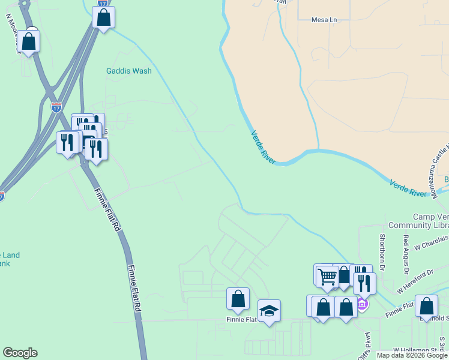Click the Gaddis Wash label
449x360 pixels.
click(128, 71)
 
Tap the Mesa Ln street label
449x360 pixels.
click(324, 20)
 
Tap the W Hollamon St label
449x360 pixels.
click(415, 350)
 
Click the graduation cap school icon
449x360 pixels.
click(269, 311)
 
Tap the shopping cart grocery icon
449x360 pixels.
click(327, 276)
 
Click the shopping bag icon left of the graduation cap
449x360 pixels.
click(238, 298)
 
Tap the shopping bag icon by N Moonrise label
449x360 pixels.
click(28, 41)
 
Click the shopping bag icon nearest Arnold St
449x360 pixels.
click(426, 306)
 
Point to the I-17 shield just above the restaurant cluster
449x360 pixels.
click(56, 108)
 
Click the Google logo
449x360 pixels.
click(20, 353)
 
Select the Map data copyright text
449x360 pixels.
click(412, 355)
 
